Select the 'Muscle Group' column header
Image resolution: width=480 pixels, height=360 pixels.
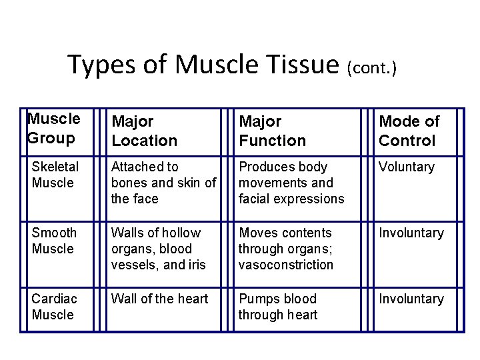pyautogui.click(x=54, y=129)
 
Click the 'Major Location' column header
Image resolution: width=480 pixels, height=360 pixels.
pyautogui.click(x=144, y=131)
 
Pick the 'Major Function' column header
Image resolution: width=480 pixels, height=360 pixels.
pyautogui.click(x=272, y=131)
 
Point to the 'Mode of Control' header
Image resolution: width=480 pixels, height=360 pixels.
pyautogui.click(x=409, y=131)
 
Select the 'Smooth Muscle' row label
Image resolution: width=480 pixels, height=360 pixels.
pyautogui.click(x=54, y=241)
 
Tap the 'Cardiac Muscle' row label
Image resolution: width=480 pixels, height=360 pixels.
pyautogui.click(x=53, y=307)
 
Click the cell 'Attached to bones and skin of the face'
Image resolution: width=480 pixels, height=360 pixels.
pyautogui.click(x=163, y=183)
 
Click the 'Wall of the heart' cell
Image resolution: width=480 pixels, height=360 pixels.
pyautogui.click(x=160, y=299)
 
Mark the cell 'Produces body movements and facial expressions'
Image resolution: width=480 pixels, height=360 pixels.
pyautogui.click(x=291, y=183)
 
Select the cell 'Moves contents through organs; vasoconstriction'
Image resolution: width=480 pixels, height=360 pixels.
pyautogui.click(x=286, y=249)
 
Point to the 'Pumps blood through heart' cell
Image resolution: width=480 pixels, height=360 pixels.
pyautogui.click(x=278, y=307)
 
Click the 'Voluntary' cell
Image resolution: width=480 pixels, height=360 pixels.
pyautogui.click(x=407, y=167)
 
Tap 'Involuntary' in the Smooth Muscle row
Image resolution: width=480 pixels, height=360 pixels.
pyautogui.click(x=411, y=233)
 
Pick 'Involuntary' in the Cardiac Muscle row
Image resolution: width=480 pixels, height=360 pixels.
pyautogui.click(x=411, y=299)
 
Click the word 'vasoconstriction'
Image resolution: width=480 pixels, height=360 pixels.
pyautogui.click(x=286, y=265)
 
